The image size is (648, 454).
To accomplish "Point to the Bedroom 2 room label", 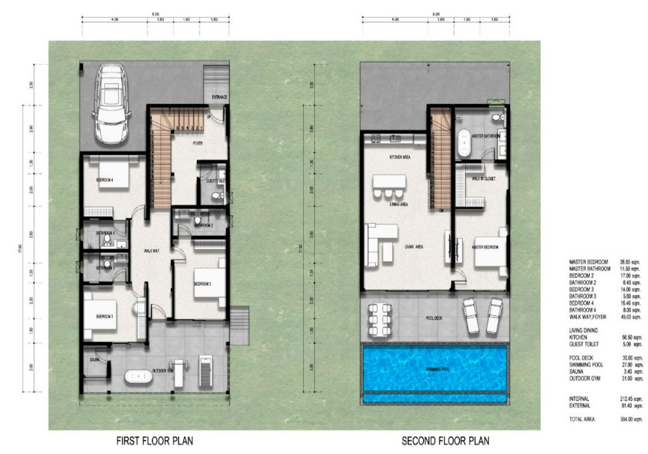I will pos(203,284).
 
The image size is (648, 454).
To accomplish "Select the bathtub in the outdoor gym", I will pos(138,376).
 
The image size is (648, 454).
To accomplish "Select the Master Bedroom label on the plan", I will pos(485,247).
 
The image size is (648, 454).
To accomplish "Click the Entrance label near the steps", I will pos(220,97).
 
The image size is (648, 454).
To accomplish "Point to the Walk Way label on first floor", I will pos(154,251).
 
